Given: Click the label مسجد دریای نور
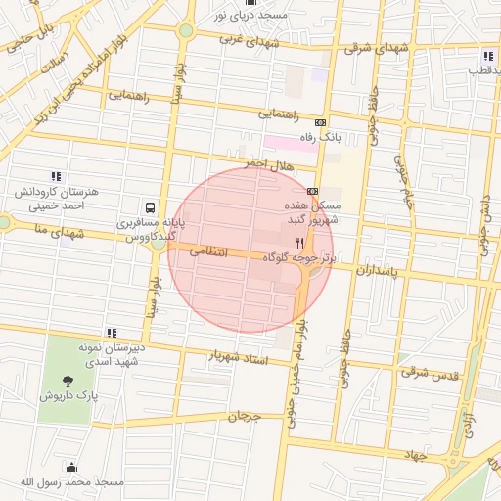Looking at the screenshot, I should [250, 16].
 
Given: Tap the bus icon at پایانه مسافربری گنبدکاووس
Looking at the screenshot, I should [150, 207].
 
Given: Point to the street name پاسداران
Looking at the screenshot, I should [377, 268].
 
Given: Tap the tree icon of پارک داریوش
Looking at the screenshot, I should [67, 381].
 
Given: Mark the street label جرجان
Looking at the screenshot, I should [245, 417].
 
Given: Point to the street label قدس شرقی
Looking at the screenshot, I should [427, 372].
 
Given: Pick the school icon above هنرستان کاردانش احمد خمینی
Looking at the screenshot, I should [56, 176].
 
